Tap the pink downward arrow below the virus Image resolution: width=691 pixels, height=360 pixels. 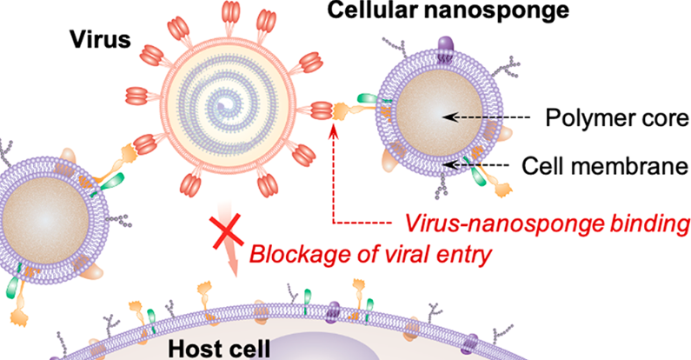tap(229, 252)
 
